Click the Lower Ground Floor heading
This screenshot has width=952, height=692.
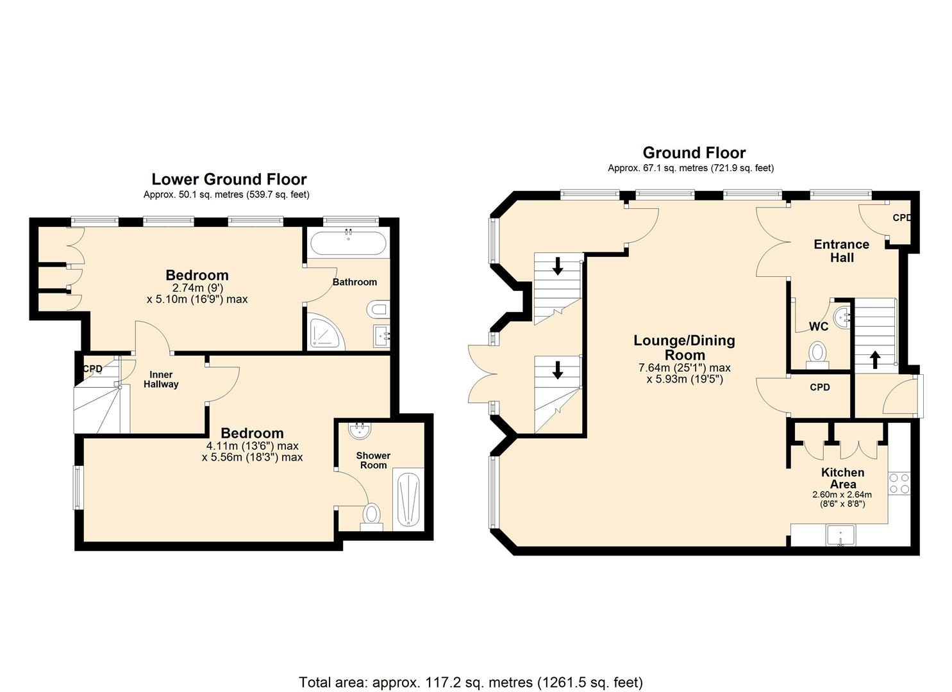tap(229, 179)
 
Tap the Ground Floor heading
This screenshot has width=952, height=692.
tap(694, 153)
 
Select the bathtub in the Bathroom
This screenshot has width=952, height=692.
tap(348, 244)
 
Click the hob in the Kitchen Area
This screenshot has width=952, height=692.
tap(899, 482)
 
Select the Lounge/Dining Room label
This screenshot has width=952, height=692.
tap(684, 348)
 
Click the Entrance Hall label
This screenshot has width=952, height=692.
tap(841, 251)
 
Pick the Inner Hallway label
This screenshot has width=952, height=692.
tap(161, 379)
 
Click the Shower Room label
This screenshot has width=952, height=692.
tap(373, 460)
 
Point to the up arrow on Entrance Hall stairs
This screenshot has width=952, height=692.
tap(875, 359)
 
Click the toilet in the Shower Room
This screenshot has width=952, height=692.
tap(371, 514)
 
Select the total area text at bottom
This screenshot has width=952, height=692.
tap(471, 682)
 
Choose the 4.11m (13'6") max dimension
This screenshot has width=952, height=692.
tap(252, 446)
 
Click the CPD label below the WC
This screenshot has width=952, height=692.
tap(819, 387)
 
